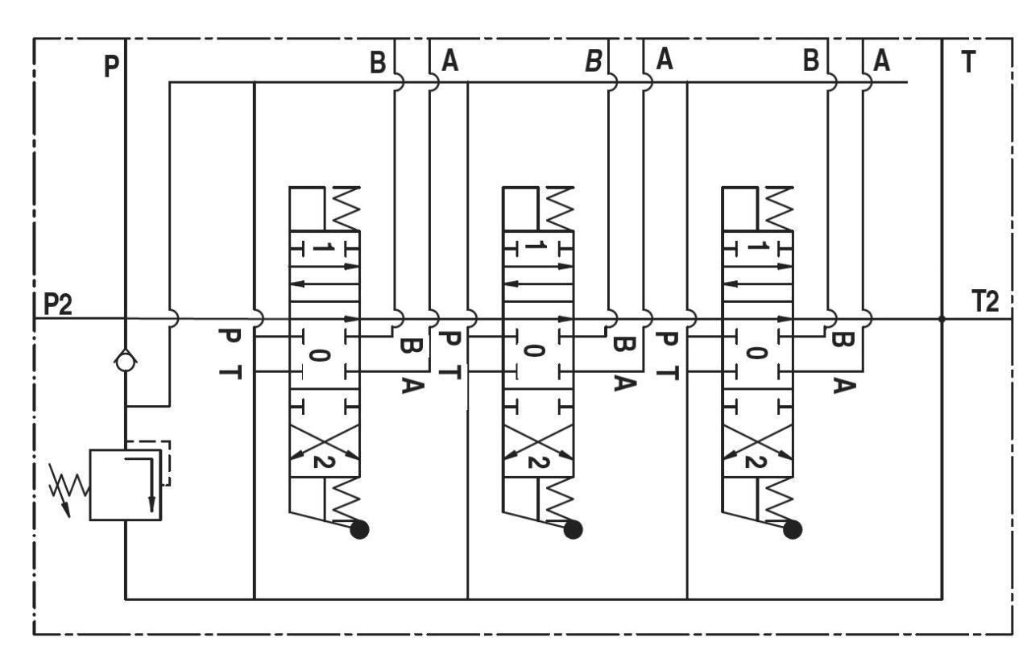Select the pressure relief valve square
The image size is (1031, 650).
(126, 485)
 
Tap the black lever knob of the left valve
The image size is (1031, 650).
(360, 529)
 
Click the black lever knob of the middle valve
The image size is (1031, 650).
(573, 529)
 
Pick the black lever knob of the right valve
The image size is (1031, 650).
(793, 529)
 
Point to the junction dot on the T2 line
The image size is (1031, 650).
(942, 318)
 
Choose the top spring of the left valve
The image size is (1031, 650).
(342, 209)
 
